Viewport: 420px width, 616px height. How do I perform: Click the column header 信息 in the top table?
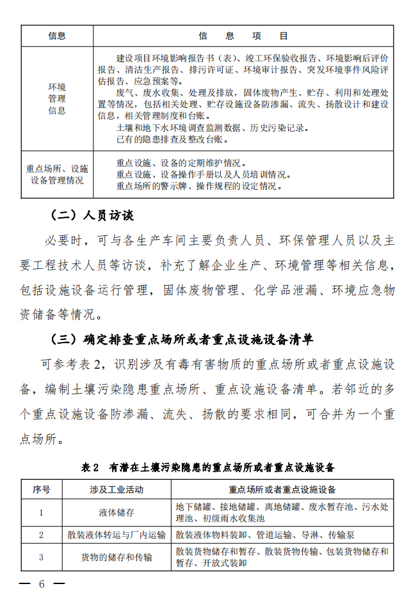(x=57, y=36)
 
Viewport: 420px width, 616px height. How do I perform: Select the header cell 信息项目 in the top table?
(x=243, y=36)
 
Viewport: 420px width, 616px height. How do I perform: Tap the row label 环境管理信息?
(x=57, y=98)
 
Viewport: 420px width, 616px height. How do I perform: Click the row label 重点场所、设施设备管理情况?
(x=57, y=174)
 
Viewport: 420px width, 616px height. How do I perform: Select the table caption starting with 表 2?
(x=207, y=467)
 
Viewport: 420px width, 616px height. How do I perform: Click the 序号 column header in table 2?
(x=42, y=490)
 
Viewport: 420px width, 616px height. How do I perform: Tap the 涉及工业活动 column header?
(x=117, y=490)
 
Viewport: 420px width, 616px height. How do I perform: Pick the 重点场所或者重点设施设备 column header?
(x=282, y=490)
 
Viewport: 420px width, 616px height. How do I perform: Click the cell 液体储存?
(x=117, y=512)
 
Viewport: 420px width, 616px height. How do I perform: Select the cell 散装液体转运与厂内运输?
(x=117, y=534)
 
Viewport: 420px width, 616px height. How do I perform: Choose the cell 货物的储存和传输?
(x=117, y=557)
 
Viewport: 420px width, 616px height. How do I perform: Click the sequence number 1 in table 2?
(x=42, y=512)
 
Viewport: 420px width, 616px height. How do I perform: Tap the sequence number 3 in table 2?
(x=42, y=557)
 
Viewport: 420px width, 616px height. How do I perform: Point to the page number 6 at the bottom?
(x=42, y=585)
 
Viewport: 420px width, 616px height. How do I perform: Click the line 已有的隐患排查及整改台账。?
(x=172, y=139)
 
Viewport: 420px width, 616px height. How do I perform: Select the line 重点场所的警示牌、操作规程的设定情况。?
(x=198, y=186)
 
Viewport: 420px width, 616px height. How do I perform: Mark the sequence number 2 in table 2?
(x=42, y=534)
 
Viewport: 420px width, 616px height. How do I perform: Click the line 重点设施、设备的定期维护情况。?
(x=181, y=163)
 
